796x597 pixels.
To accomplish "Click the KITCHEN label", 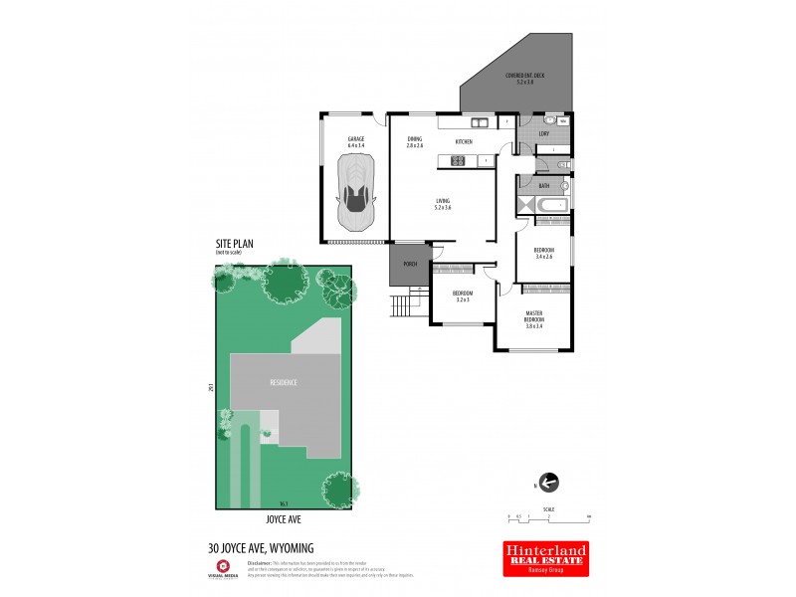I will click(464, 142).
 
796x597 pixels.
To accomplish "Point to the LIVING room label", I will click(443, 204).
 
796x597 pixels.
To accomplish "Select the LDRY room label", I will click(543, 133).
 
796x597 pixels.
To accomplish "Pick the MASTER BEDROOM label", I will click(534, 318).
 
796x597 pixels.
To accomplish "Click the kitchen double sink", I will click(480, 123).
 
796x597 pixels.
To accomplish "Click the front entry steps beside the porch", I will click(400, 304).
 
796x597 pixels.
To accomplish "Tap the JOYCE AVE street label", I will click(284, 519).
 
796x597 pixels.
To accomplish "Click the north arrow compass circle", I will click(548, 484).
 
